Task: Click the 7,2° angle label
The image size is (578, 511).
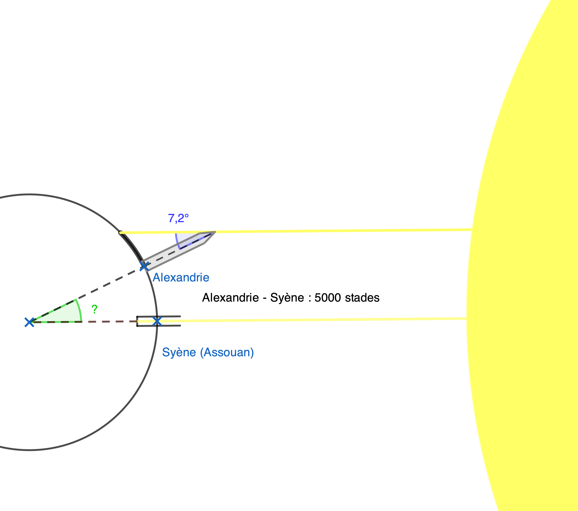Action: click(x=178, y=218)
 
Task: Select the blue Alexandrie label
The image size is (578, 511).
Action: click(x=181, y=278)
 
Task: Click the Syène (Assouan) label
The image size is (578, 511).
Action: click(x=208, y=352)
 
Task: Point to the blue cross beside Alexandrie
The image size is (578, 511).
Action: click(x=144, y=266)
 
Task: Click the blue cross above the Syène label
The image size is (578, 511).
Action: click(x=157, y=321)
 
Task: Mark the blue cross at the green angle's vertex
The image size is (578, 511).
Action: click(x=29, y=322)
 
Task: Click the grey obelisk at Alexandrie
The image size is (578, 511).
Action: click(x=170, y=253)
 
